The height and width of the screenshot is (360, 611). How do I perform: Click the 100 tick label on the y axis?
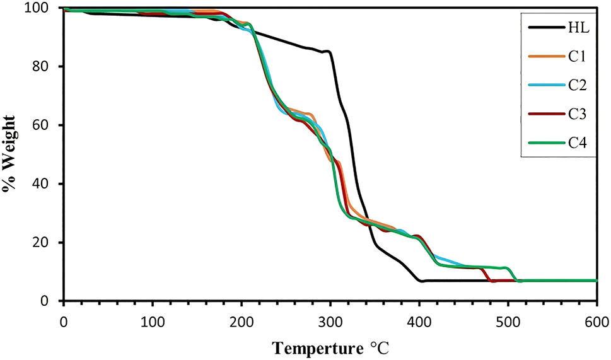coord(45,8)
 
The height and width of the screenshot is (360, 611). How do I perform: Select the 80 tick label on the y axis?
coord(48,67)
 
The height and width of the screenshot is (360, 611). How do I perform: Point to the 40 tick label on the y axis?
coord(48,184)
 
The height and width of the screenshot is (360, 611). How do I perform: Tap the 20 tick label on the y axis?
coord(48,243)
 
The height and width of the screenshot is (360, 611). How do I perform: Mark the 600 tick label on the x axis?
coord(597,315)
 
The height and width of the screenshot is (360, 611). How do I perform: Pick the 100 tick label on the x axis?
coord(153,315)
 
